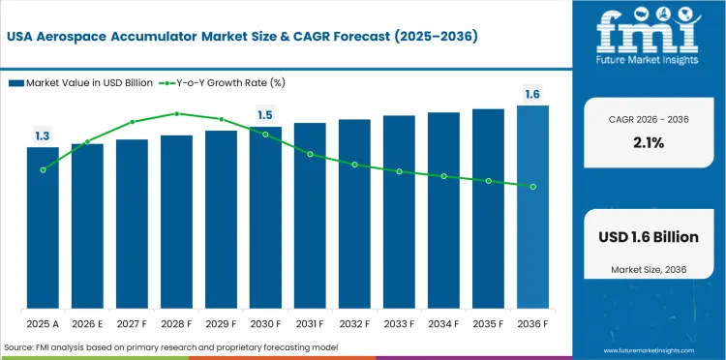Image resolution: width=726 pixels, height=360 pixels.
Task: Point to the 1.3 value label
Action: tap(43, 136)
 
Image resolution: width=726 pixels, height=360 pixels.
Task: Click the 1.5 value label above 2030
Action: tap(265, 115)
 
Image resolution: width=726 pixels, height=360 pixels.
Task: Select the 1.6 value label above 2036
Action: tap(532, 94)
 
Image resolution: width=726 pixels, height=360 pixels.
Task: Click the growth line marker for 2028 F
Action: tap(176, 113)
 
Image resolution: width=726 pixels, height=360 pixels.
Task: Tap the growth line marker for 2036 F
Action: tap(532, 186)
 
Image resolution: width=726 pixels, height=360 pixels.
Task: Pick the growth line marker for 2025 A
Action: tap(43, 169)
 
